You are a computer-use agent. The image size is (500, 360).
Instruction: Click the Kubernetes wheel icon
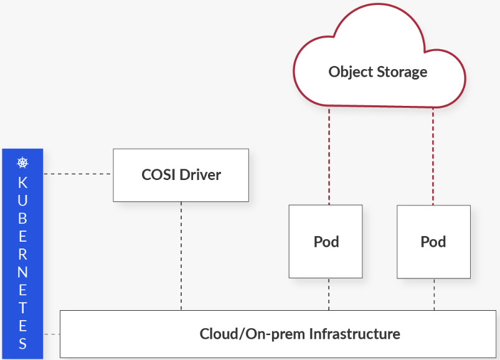22,164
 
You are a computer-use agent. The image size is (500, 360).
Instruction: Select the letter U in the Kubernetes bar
22,201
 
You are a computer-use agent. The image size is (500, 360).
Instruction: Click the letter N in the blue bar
22,272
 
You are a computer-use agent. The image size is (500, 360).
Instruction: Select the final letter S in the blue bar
22,343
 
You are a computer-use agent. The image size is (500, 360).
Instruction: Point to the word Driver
200,174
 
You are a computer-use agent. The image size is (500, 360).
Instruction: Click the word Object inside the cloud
350,72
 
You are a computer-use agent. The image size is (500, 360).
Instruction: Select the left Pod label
326,242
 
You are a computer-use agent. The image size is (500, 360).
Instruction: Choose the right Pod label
433,242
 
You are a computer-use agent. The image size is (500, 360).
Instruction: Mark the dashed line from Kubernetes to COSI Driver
78,174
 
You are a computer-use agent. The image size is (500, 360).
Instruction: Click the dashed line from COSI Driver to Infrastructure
181,255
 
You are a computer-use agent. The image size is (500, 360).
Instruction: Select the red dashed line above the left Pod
329,156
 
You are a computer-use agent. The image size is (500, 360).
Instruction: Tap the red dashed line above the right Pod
433,156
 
